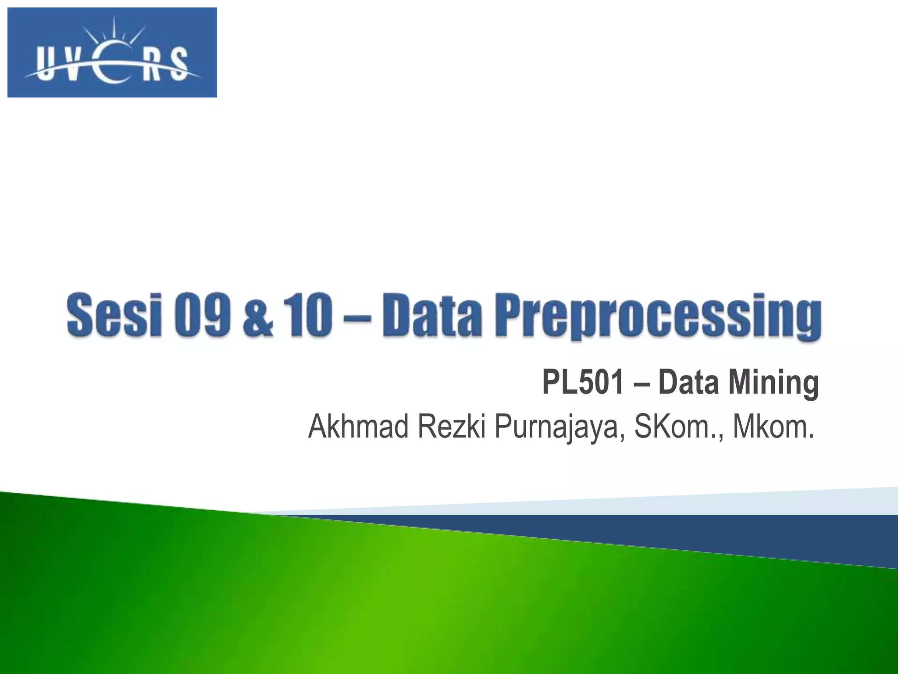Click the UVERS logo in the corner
[112, 53]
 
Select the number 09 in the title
[202, 315]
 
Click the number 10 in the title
[309, 315]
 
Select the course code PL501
[583, 382]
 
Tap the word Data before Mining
[688, 382]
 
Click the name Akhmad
[358, 427]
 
